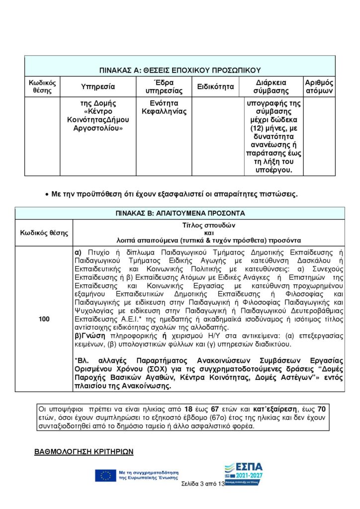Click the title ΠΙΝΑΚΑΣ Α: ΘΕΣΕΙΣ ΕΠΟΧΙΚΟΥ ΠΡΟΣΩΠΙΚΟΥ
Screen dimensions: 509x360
point(180,70)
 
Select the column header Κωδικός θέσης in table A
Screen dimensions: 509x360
point(42,86)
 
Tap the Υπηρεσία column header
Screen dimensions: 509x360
point(97,86)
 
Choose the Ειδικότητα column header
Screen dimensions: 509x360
point(215,86)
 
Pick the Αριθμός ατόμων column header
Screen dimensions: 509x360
point(319,86)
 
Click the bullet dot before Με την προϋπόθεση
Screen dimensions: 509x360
point(46,194)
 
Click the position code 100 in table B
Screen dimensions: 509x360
point(44,319)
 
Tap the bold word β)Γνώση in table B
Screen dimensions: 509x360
point(88,337)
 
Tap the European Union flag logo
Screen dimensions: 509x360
point(105,476)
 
